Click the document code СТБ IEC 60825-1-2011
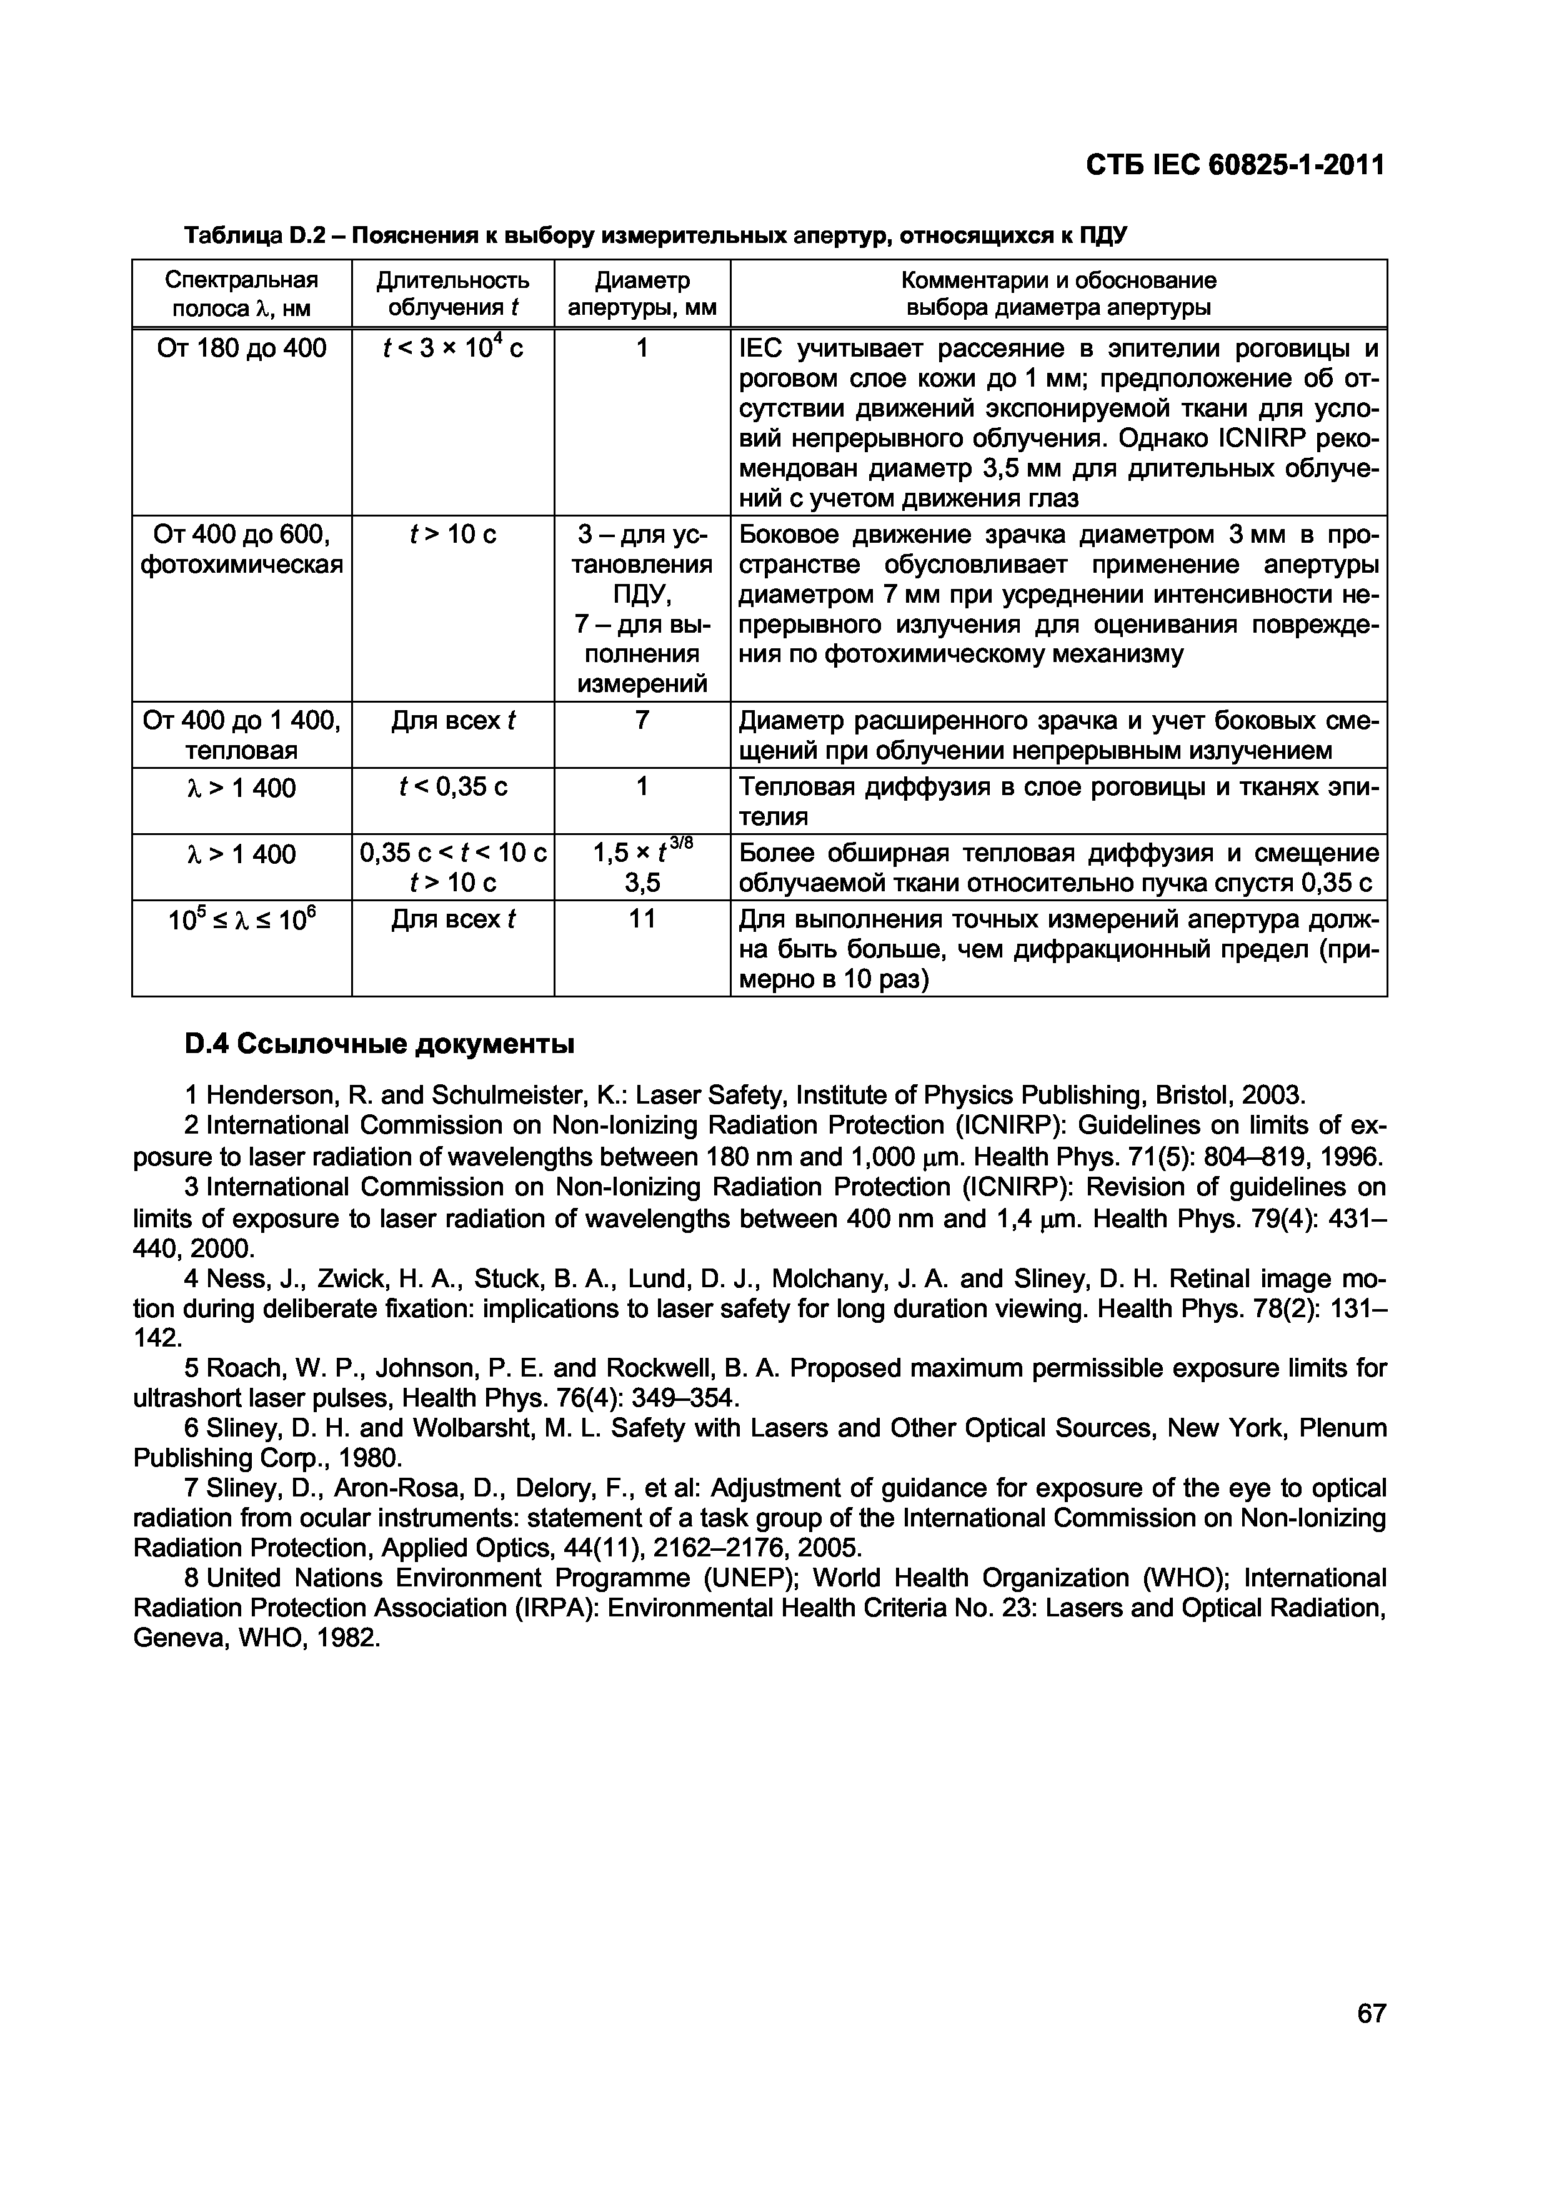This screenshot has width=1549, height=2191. pyautogui.click(x=1235, y=166)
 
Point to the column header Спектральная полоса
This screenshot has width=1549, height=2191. pyautogui.click(x=241, y=294)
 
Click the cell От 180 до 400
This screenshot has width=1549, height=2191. pyautogui.click(x=241, y=349)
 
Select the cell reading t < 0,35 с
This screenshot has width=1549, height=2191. pyautogui.click(x=452, y=787)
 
